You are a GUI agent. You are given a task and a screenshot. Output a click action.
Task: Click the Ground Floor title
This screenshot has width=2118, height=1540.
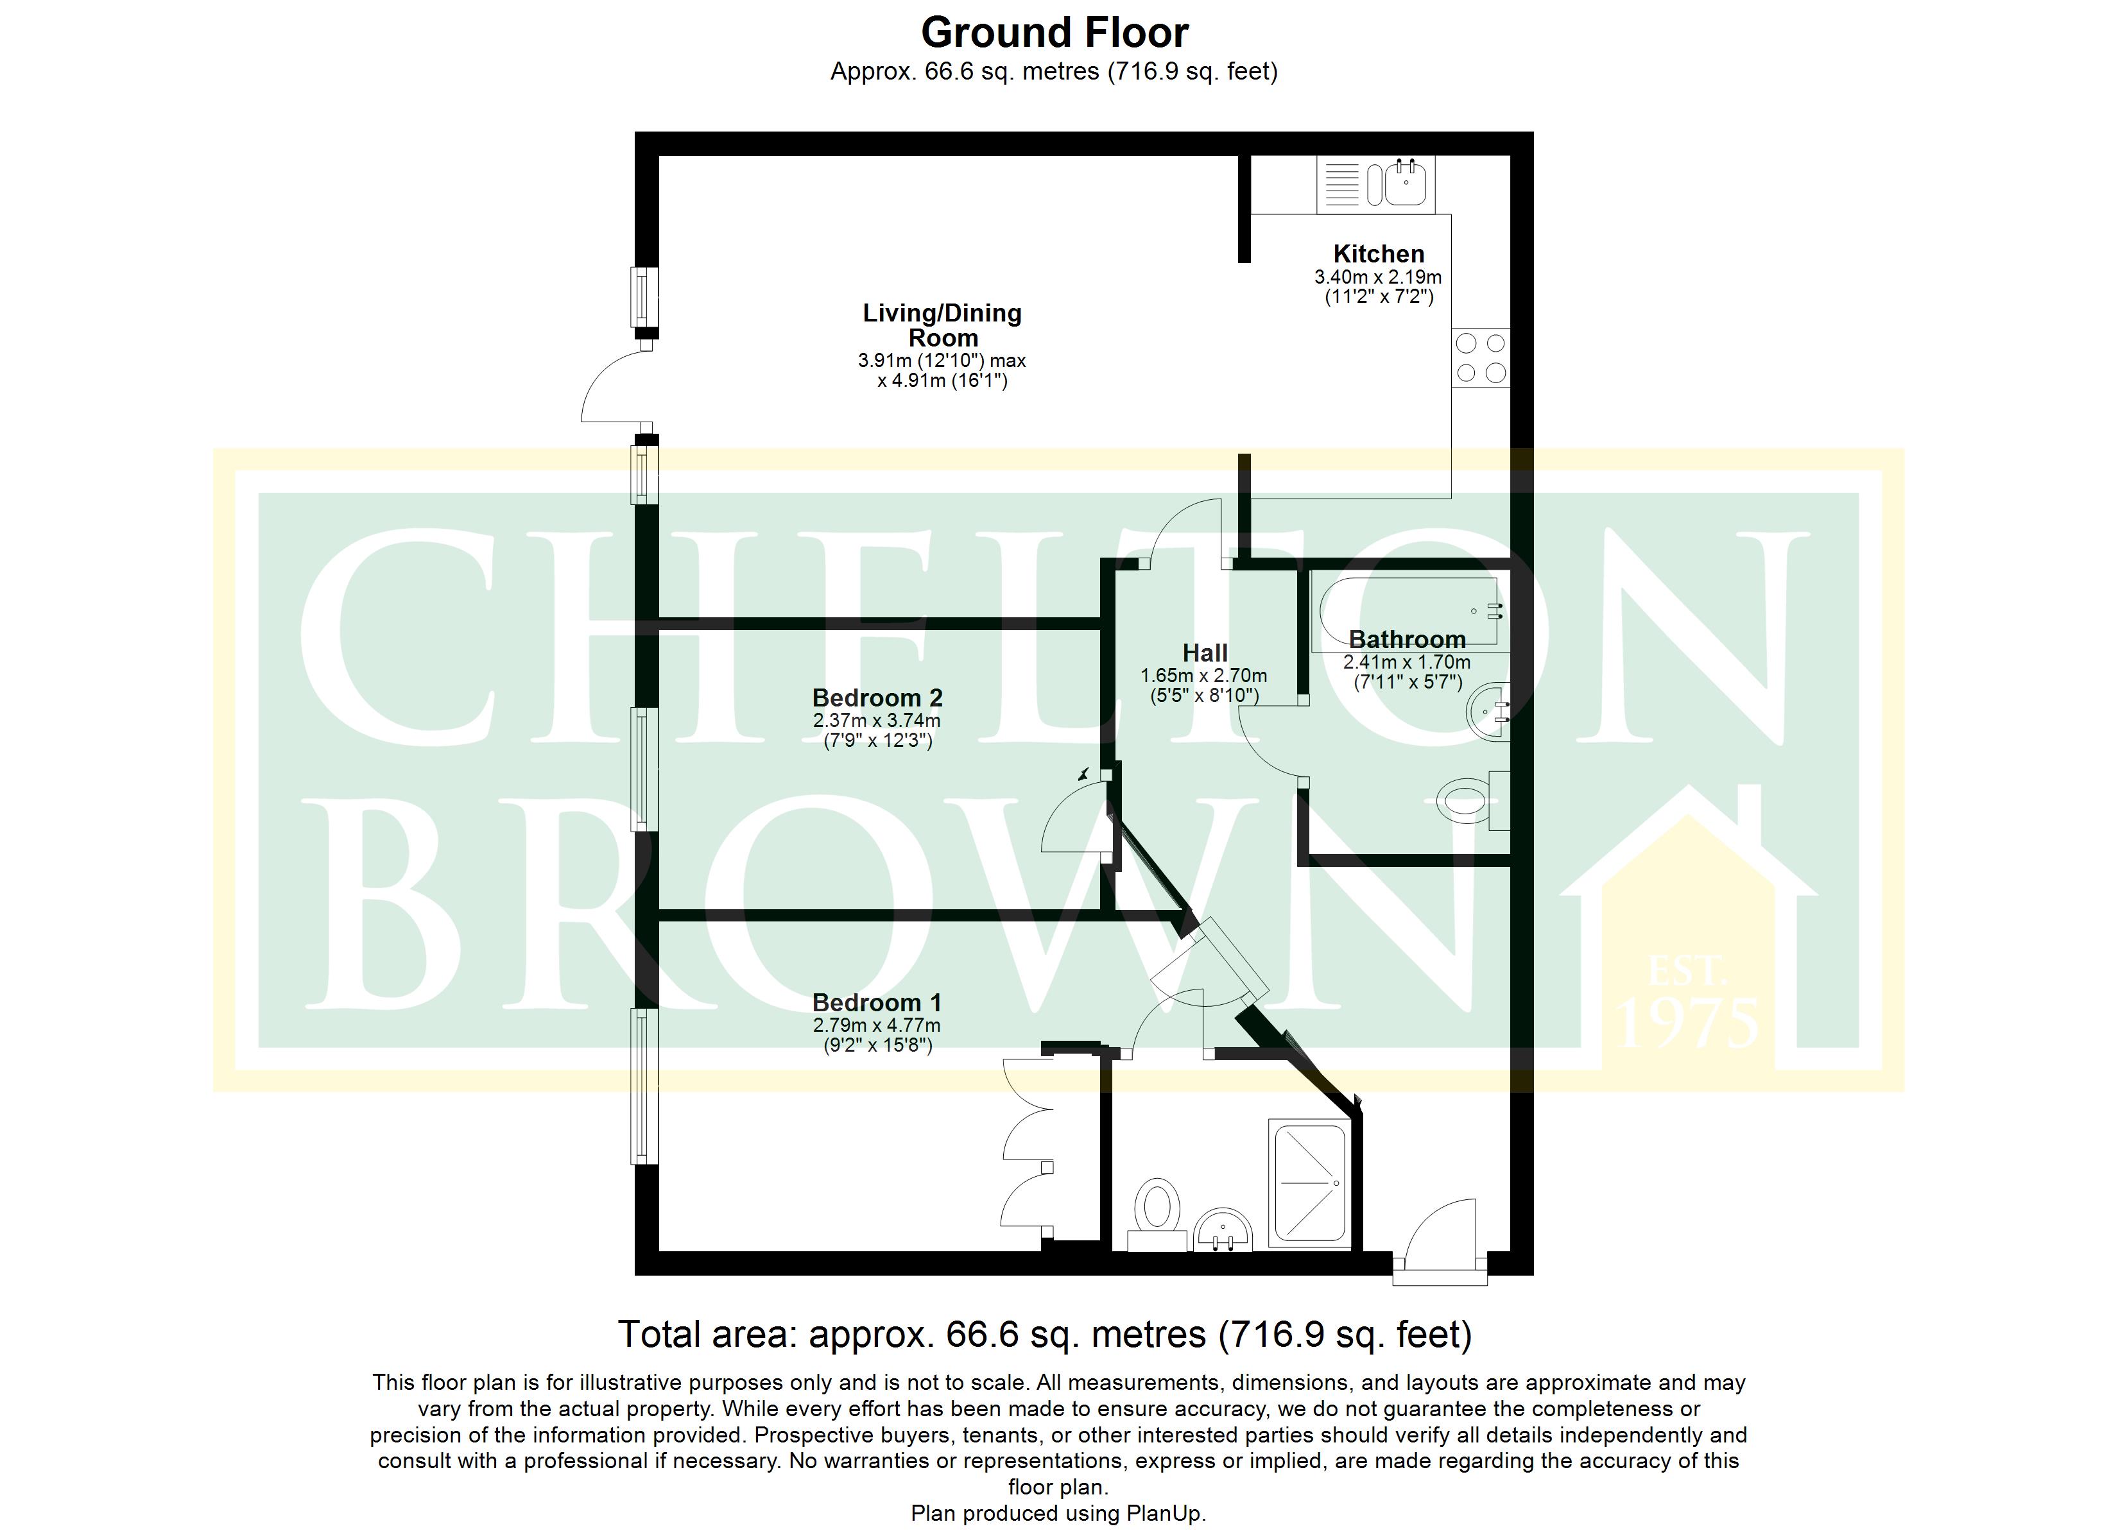(x=1055, y=33)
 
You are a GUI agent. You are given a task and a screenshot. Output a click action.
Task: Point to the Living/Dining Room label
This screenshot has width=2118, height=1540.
(x=942, y=325)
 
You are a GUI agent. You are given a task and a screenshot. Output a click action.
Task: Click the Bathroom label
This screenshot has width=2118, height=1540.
(x=1408, y=640)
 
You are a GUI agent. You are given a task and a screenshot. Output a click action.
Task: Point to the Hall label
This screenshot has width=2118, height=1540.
(x=1205, y=653)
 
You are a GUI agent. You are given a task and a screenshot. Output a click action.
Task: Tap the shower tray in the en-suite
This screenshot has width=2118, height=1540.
(x=1308, y=1184)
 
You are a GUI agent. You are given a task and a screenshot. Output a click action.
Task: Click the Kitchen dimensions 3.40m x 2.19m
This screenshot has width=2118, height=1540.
(x=1379, y=277)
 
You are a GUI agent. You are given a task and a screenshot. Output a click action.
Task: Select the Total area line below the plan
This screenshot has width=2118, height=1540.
(x=1045, y=1335)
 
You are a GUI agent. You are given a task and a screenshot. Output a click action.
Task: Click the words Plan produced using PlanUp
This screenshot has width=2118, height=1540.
(x=1059, y=1514)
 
